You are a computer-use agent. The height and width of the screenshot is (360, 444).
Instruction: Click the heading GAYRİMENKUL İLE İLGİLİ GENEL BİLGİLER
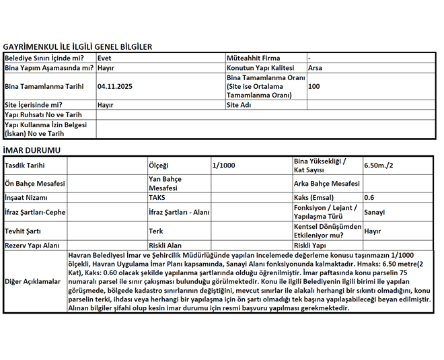(77, 47)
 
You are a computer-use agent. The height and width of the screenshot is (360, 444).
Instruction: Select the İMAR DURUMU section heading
(32, 150)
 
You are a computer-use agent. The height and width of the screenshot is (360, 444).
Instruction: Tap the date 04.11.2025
(115, 87)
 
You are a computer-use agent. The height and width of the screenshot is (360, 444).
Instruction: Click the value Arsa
(315, 68)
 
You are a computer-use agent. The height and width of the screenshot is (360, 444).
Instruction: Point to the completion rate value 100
(314, 87)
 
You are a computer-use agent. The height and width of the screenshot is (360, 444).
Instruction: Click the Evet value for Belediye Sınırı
(104, 59)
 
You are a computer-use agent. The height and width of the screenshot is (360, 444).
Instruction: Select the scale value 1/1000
(224, 166)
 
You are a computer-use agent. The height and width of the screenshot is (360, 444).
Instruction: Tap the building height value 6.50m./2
(379, 166)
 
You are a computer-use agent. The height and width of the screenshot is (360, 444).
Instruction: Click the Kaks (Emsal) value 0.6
(369, 198)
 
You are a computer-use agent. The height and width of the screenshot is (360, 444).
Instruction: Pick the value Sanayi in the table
(375, 213)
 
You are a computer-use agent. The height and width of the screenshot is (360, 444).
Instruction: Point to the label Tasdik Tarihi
(26, 166)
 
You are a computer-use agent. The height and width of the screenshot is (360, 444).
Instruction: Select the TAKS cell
(157, 198)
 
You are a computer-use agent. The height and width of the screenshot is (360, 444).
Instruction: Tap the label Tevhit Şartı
(23, 231)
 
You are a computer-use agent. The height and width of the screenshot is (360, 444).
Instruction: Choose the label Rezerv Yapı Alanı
(32, 246)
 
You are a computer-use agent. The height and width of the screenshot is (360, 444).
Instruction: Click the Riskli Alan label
(165, 246)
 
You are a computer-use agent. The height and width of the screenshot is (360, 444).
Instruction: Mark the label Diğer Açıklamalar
(33, 281)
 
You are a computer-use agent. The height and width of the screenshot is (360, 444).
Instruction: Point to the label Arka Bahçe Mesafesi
(327, 184)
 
